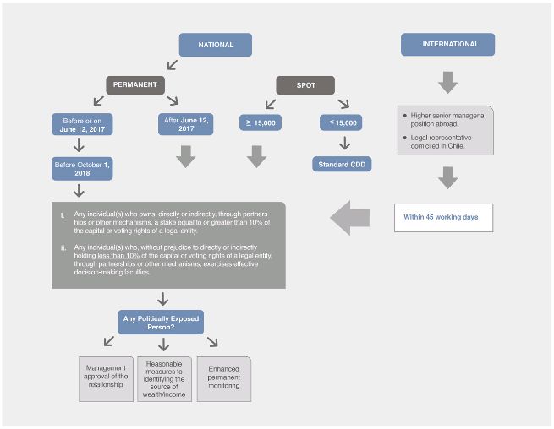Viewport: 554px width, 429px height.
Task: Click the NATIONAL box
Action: pyautogui.click(x=216, y=45)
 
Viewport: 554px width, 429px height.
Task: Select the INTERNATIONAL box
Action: pyautogui.click(x=447, y=44)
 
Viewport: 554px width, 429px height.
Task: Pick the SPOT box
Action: pyautogui.click(x=305, y=85)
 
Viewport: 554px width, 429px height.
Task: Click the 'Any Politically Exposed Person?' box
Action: pyautogui.click(x=161, y=323)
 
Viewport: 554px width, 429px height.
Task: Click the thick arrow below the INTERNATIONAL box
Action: pyautogui.click(x=448, y=82)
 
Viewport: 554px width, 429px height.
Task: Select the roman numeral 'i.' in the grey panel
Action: pyautogui.click(x=63, y=215)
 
